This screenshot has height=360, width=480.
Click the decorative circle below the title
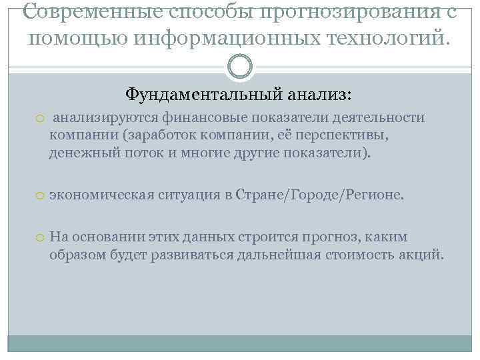tap(240, 67)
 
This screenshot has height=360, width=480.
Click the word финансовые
tap(207, 118)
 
